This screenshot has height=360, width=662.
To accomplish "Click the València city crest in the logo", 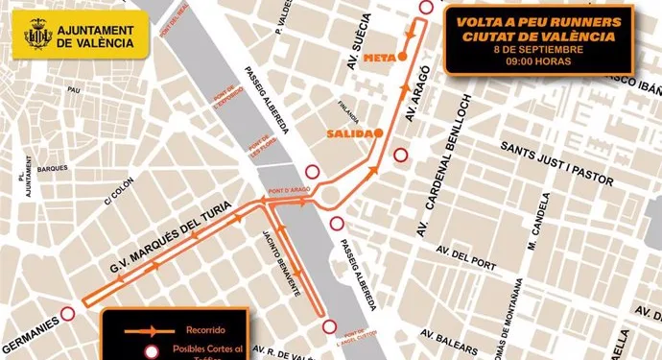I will (x=37, y=35).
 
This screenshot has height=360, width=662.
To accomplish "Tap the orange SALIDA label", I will (x=348, y=132).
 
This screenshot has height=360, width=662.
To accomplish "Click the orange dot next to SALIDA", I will (x=380, y=132).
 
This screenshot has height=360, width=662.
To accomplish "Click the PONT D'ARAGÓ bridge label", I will (x=289, y=190).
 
